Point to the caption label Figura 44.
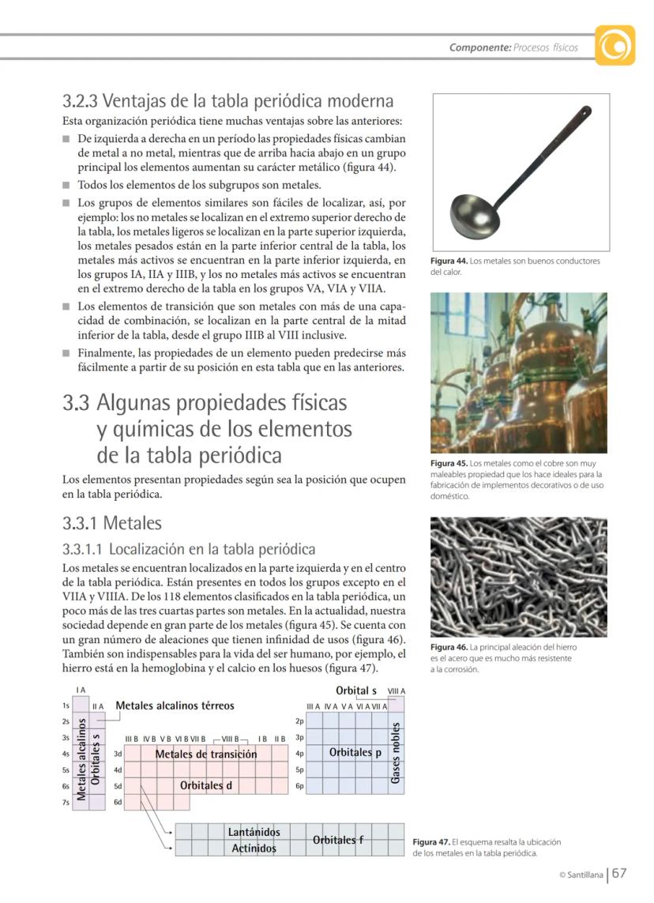click(449, 261)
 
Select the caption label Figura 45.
click(449, 463)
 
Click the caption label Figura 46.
click(449, 647)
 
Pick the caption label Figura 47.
click(431, 842)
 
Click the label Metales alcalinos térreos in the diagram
click(175, 705)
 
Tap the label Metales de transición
click(205, 754)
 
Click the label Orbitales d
click(206, 785)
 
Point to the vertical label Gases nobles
click(395, 753)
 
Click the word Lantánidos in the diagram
click(254, 832)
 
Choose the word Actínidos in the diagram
click(254, 848)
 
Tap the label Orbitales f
click(338, 840)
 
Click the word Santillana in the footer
click(586, 875)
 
